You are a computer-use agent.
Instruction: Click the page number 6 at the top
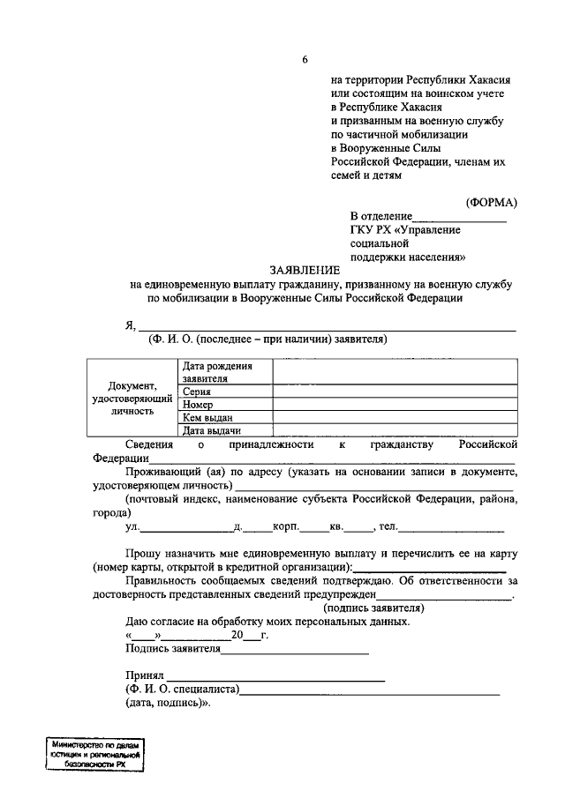tap(305, 60)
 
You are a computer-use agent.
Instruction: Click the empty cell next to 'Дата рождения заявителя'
tap(394, 371)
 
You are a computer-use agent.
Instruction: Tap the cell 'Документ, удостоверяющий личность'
tap(132, 398)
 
